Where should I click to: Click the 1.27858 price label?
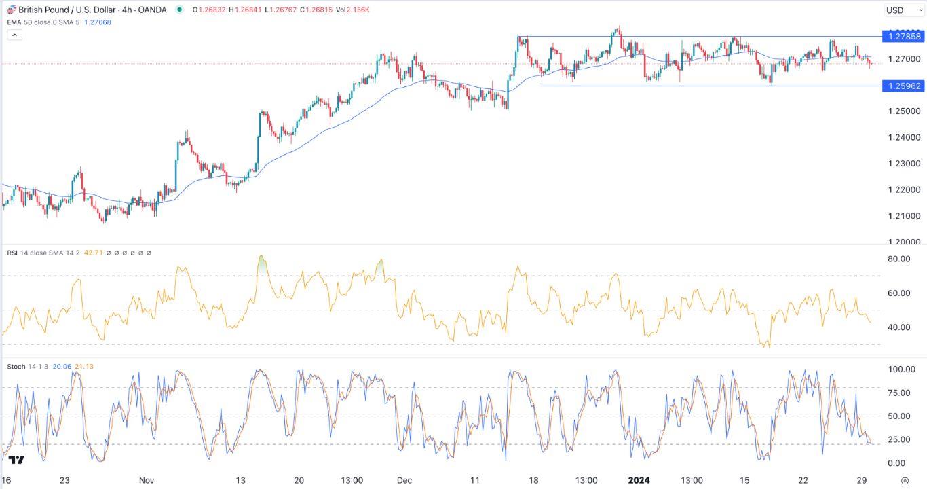click(900, 36)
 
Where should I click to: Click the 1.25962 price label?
click(900, 86)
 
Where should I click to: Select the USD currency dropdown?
click(900, 10)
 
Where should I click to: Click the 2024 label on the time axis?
click(639, 480)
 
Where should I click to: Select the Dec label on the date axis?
click(404, 480)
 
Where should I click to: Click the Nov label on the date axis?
click(147, 480)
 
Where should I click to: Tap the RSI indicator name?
click(12, 253)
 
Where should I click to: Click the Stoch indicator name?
click(16, 367)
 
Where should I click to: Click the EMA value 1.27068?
click(98, 22)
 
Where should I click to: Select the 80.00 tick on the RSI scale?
click(898, 259)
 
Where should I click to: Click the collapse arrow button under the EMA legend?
click(14, 35)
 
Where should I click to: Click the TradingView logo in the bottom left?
click(16, 460)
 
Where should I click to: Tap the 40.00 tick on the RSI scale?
click(898, 327)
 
